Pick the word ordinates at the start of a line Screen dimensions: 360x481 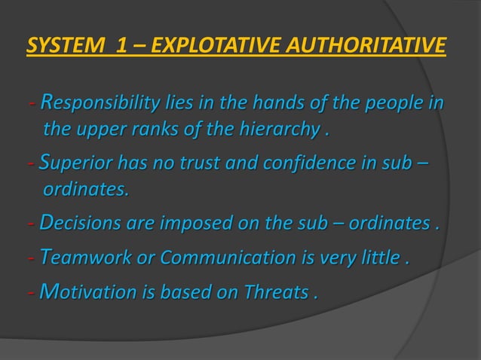tap(85, 191)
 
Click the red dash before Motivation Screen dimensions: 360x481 tap(29, 292)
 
